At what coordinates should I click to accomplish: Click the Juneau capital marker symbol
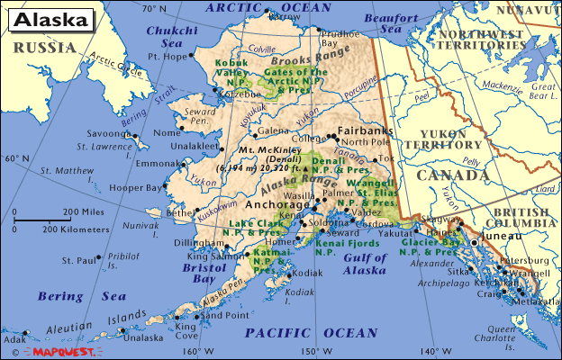[475, 242]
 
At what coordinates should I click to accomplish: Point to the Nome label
[167, 132]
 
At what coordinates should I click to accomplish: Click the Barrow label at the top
[286, 15]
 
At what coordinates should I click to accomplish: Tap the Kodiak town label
[307, 273]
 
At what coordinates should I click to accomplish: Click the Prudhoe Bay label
[341, 37]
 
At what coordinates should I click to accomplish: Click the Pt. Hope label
[167, 56]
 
